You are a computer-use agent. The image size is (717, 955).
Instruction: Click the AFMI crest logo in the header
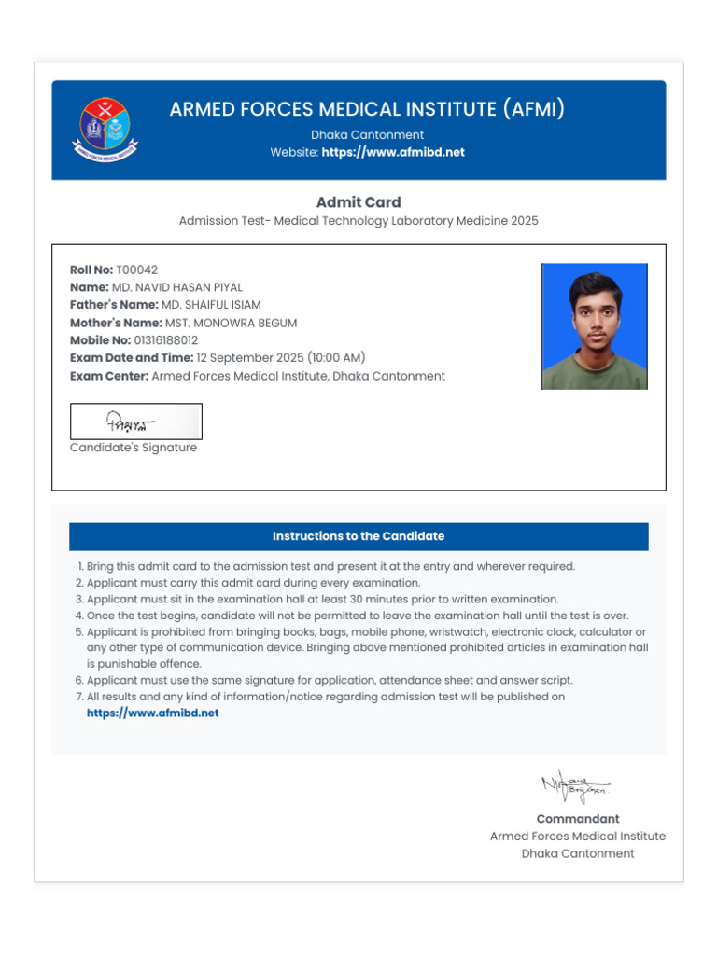(105, 129)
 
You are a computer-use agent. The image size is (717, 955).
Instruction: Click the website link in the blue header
(392, 152)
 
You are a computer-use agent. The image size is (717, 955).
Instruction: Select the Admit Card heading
(358, 202)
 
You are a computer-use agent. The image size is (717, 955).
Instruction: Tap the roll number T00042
(136, 270)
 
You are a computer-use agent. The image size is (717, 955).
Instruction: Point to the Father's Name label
(113, 305)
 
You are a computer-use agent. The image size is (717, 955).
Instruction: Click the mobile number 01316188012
(166, 340)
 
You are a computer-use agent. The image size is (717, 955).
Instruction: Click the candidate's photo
(594, 326)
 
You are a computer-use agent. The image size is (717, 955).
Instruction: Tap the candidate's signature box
(136, 422)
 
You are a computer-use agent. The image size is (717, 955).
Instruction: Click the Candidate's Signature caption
(134, 448)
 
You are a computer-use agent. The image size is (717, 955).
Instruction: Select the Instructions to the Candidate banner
(358, 536)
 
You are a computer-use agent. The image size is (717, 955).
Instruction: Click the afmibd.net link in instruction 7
(153, 713)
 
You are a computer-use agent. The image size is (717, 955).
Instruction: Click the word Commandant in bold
(577, 819)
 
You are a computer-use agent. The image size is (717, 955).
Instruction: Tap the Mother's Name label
(116, 323)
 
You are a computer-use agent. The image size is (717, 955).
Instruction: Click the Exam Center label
(109, 376)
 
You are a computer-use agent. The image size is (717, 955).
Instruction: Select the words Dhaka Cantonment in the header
(367, 134)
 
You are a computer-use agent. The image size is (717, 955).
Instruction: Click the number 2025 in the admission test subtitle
(523, 221)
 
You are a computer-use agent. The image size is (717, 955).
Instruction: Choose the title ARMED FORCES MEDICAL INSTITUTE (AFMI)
(367, 109)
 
